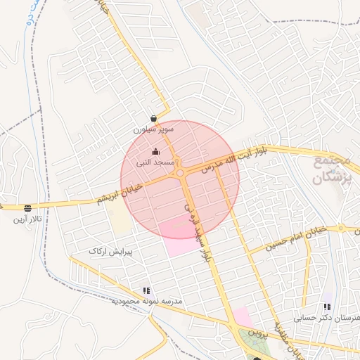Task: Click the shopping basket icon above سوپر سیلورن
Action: [154, 119]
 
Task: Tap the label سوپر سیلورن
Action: [154, 130]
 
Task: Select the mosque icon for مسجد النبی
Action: [155, 152]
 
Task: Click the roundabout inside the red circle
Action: [181, 172]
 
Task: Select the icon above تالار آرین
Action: [27, 208]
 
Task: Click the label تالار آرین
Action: [27, 219]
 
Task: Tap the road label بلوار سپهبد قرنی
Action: [198, 233]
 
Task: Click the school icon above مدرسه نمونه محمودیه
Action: [146, 290]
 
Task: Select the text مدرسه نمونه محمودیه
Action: [146, 301]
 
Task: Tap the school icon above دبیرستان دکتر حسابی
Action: [326, 307]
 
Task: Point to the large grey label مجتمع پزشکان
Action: [330, 169]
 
